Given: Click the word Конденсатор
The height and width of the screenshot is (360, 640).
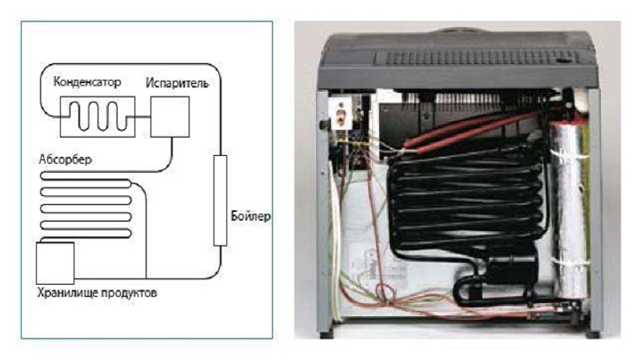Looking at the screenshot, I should [x=87, y=82].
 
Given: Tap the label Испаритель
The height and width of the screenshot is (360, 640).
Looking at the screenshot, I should [x=177, y=82].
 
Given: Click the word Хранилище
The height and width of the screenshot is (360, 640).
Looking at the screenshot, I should [x=66, y=292].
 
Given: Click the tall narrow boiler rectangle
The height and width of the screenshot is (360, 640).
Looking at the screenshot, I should [x=220, y=200].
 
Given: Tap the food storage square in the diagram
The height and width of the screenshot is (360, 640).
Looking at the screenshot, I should [x=55, y=259].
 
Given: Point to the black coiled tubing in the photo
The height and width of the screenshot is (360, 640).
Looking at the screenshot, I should [x=464, y=200].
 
